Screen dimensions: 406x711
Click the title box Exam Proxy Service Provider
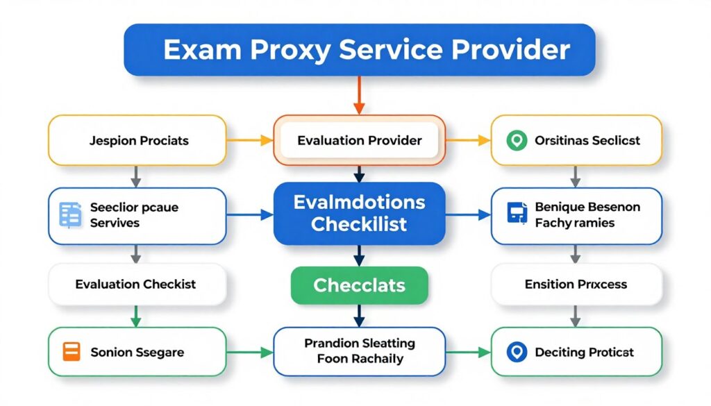[359, 50]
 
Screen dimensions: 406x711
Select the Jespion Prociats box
[137, 140]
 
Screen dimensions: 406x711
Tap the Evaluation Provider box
[359, 140]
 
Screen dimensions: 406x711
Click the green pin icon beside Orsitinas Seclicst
[514, 140]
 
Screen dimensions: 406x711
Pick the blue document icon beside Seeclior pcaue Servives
[71, 214]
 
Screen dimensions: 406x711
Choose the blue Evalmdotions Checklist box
[359, 214]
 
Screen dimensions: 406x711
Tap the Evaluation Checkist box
[137, 284]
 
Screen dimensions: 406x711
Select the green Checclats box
[359, 285]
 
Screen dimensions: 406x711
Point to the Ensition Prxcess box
[576, 284]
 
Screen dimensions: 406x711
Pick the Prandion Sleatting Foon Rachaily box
[359, 351]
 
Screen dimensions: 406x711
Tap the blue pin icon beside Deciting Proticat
[515, 352]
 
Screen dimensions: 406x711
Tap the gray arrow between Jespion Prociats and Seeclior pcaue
[136, 176]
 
